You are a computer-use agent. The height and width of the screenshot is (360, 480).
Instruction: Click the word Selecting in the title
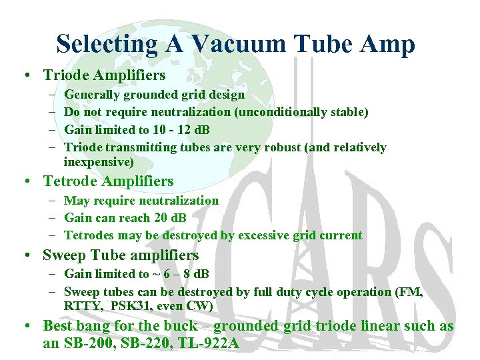tap(107, 44)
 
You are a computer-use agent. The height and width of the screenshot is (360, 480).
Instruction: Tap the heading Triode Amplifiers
tap(104, 75)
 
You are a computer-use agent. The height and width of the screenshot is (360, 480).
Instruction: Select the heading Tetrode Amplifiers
tap(108, 181)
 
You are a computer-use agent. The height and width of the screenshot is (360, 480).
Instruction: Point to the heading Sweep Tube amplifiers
tap(121, 255)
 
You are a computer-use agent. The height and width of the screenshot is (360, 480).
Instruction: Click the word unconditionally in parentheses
tap(274, 112)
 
